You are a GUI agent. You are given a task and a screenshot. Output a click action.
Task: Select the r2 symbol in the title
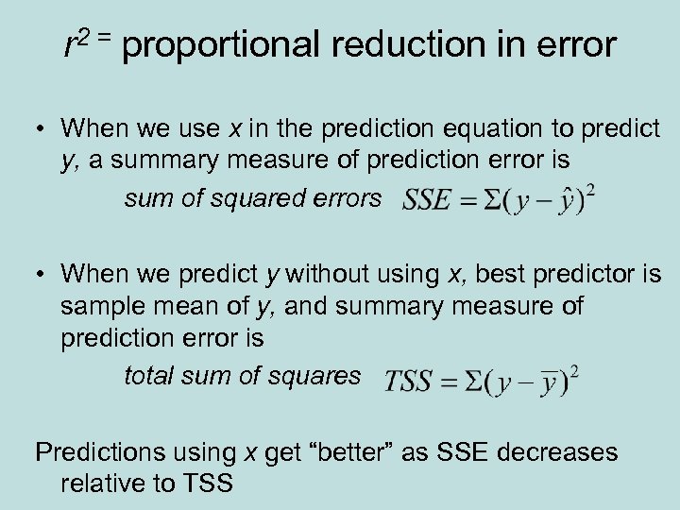click(76, 42)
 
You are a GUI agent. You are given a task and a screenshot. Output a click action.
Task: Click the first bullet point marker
click(42, 128)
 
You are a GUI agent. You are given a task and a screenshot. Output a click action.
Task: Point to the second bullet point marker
click(42, 274)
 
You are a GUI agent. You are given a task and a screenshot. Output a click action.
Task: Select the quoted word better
click(348, 452)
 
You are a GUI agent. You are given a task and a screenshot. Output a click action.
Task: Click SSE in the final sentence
click(457, 452)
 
